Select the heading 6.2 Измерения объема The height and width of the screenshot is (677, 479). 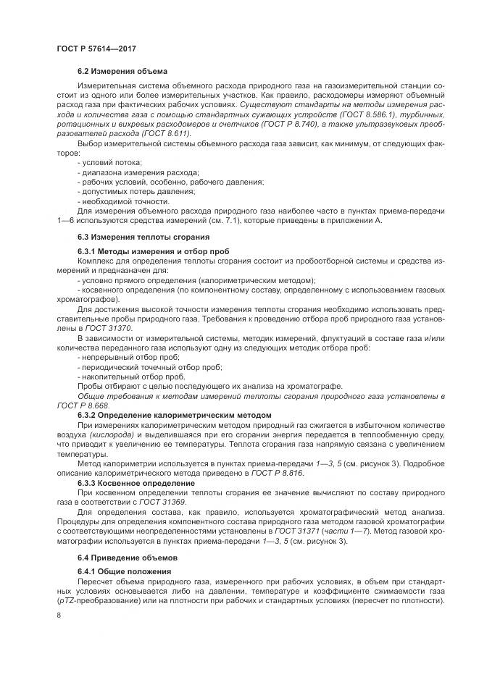[x=122, y=71]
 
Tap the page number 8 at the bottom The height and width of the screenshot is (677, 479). [x=59, y=615]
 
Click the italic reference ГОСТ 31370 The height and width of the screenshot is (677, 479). [x=103, y=327]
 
